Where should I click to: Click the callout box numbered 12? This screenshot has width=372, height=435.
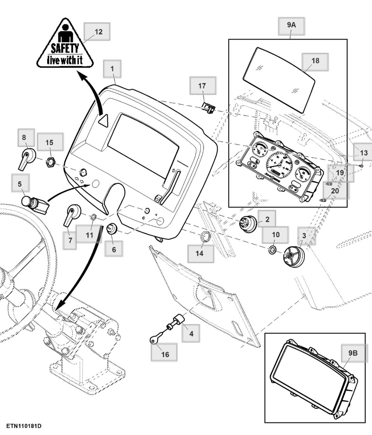point(97,32)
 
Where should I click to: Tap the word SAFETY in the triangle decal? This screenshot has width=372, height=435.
point(65,48)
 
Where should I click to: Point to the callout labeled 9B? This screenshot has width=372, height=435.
point(353,353)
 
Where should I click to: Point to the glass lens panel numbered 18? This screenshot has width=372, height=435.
point(279,79)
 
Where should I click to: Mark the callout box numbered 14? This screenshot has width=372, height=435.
point(200,253)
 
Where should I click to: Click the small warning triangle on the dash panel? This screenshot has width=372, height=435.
point(103,121)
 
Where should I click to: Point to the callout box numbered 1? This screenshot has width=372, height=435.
point(112,68)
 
